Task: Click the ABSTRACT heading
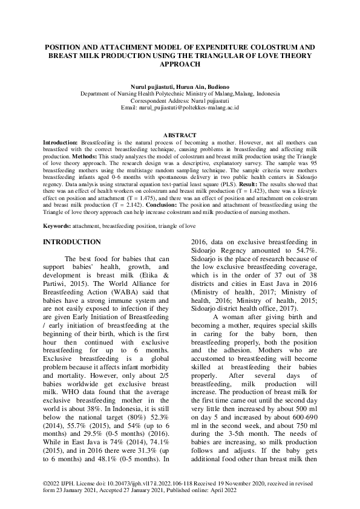180,134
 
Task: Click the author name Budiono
217,86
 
